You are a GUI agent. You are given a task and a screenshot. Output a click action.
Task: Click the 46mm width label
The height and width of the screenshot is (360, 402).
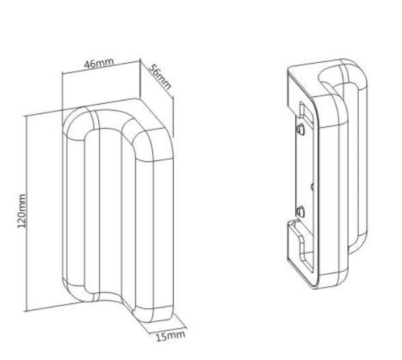(x=99, y=64)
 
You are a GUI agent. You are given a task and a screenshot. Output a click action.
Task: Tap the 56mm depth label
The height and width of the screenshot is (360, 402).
(x=159, y=79)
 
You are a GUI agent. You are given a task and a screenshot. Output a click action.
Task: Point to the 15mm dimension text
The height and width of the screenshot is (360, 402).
(x=165, y=335)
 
